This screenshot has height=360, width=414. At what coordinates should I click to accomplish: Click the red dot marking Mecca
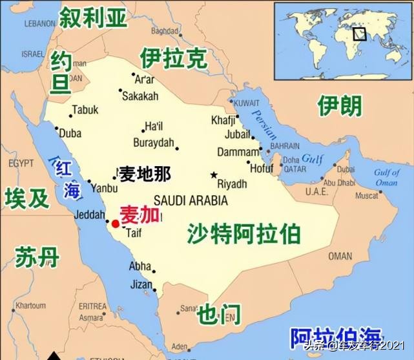[115, 224]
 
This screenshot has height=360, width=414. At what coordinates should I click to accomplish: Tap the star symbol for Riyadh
[214, 175]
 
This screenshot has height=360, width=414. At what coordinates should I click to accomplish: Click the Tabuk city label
[85, 110]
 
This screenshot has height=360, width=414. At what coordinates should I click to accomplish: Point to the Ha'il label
[154, 126]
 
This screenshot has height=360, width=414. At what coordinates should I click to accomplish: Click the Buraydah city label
[154, 142]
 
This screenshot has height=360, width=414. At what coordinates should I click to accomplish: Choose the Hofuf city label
[262, 169]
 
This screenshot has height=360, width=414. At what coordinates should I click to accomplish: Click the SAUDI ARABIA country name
[191, 200]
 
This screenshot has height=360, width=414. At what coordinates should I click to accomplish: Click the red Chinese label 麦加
[140, 216]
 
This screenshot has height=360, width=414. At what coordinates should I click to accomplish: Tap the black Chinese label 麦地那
[145, 174]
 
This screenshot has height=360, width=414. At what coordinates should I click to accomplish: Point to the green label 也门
[219, 313]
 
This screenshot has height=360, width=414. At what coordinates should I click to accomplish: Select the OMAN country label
[340, 256]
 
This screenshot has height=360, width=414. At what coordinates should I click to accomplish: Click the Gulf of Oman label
[387, 177]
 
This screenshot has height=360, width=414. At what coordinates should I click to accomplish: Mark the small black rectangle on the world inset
[359, 34]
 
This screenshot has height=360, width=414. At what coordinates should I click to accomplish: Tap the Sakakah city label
[140, 96]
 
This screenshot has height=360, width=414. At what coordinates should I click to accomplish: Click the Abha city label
[140, 266]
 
